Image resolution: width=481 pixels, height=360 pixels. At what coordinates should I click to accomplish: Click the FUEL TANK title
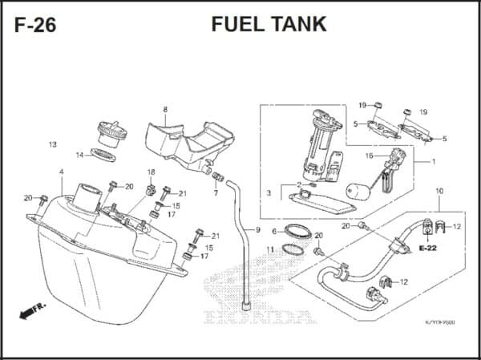[269, 24]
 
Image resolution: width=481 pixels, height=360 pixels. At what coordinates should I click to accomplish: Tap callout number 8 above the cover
[165, 109]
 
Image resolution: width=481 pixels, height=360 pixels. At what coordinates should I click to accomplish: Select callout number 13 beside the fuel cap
[53, 145]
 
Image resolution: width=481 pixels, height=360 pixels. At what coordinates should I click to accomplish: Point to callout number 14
[79, 155]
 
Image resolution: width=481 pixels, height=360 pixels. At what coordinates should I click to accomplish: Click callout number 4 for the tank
[61, 172]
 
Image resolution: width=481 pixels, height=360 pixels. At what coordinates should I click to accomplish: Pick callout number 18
[151, 172]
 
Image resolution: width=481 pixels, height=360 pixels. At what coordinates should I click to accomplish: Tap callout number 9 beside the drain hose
[258, 231]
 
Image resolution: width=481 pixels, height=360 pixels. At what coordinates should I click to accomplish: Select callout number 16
[370, 156]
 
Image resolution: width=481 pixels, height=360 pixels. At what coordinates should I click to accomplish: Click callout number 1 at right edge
[434, 161]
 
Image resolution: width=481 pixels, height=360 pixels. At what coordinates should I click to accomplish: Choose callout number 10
[439, 191]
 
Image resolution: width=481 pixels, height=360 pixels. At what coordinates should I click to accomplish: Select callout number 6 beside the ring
[273, 231]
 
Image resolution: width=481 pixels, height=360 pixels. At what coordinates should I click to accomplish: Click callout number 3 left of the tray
[269, 194]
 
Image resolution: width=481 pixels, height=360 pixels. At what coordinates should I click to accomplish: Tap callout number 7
[216, 193]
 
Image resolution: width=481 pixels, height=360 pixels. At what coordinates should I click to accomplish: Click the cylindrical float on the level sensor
[358, 192]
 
